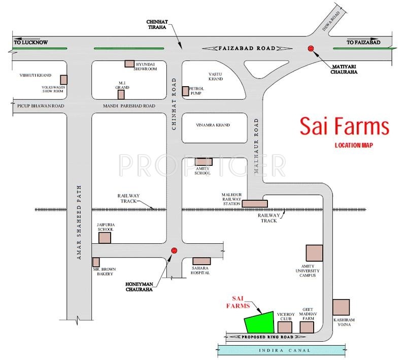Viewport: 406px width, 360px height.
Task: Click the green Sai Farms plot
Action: [260, 322]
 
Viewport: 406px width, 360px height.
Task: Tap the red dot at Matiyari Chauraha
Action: [311, 48]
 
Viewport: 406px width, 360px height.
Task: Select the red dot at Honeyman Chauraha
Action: [174, 250]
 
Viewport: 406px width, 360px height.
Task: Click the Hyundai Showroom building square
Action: [129, 63]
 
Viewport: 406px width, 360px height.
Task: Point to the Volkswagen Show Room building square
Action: [64, 80]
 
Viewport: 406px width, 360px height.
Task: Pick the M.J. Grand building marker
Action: [121, 94]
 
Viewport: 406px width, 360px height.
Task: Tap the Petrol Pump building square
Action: [185, 91]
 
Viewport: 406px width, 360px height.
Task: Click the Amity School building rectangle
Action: [204, 162]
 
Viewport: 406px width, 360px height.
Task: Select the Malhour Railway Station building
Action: [255, 204]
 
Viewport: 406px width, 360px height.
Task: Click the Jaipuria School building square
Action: [105, 238]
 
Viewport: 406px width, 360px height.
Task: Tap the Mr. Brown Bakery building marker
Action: [96, 262]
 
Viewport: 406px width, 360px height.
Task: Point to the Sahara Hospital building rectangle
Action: [201, 261]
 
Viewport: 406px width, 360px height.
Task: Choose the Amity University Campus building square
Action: [314, 253]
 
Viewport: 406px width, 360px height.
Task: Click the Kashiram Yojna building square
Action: [341, 307]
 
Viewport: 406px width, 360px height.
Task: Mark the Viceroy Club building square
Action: [285, 328]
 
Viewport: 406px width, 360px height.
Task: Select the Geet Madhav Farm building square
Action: [307, 328]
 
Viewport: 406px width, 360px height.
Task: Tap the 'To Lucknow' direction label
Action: [31, 42]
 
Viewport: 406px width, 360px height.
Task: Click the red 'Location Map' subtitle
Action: [354, 145]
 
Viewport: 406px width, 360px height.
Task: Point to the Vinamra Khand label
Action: [213, 125]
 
